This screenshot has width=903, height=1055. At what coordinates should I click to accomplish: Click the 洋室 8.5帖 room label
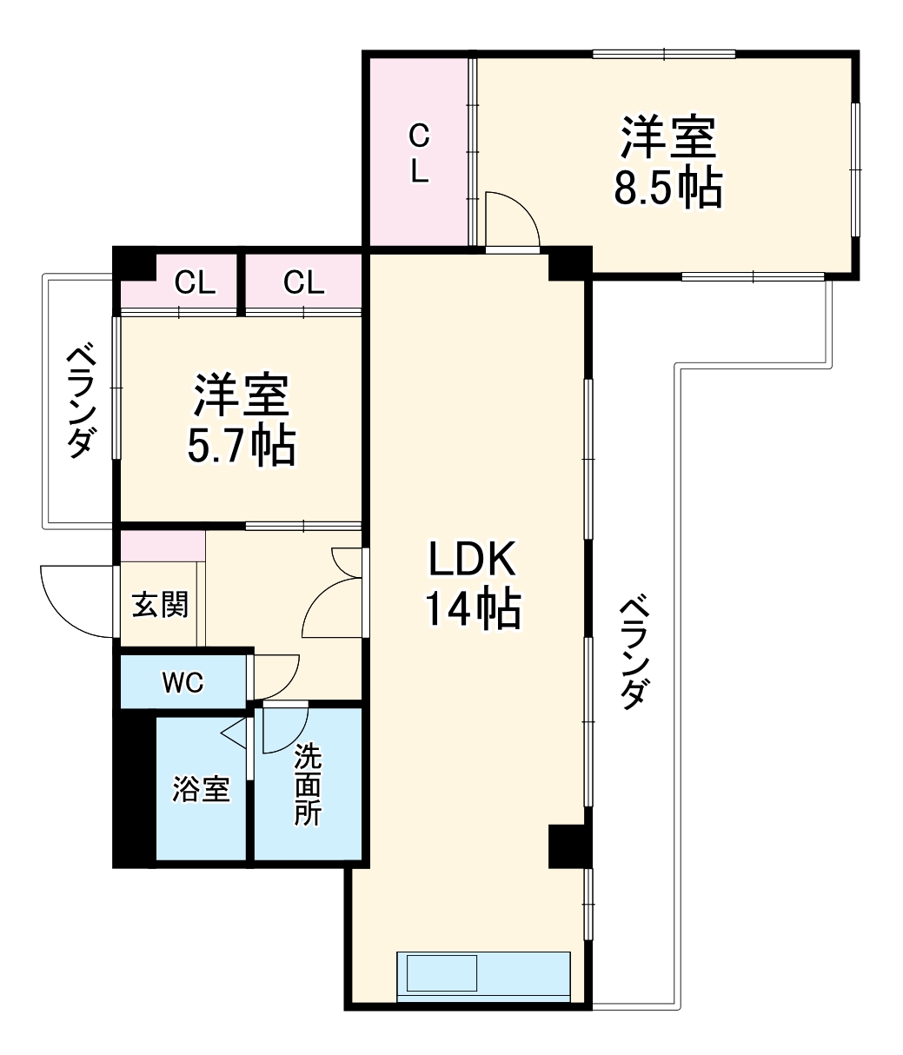[x=667, y=163]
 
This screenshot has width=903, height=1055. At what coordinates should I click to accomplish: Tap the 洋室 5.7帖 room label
[x=241, y=420]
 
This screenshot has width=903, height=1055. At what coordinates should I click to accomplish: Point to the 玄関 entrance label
[x=160, y=604]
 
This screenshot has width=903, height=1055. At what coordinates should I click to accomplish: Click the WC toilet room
[x=183, y=683]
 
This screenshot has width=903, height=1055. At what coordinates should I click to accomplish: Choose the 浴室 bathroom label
[x=201, y=789]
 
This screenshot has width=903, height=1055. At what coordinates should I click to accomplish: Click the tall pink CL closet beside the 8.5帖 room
[x=419, y=152]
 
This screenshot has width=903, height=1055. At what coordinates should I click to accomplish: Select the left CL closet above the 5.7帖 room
[x=195, y=283]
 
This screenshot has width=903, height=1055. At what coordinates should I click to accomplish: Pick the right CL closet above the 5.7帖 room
[x=303, y=283]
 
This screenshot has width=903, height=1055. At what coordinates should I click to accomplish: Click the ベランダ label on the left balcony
[x=80, y=401]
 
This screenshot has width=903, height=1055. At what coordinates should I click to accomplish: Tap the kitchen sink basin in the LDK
[x=442, y=972]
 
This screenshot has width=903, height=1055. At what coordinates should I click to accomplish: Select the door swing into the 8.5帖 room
[x=513, y=220]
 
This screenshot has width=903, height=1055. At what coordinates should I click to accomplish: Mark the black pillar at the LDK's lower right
[x=568, y=846]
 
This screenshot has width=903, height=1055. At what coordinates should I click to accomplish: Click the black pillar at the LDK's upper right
[x=568, y=264]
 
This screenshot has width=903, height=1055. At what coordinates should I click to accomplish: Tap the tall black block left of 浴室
[x=134, y=786]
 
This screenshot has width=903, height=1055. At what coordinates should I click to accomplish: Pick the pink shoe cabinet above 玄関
[x=163, y=545]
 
